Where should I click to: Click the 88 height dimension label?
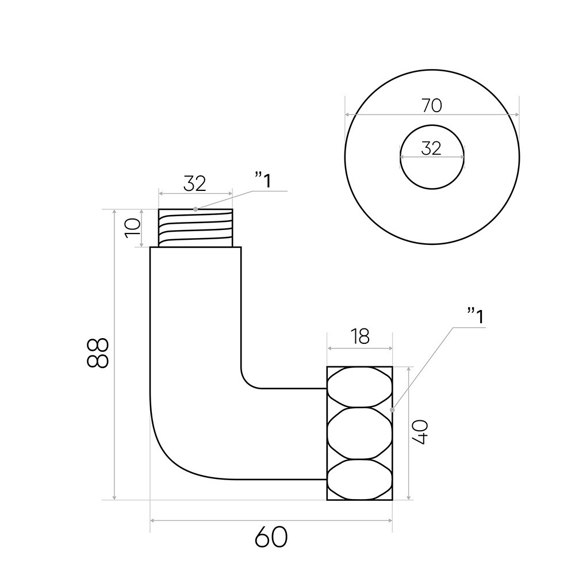(99, 352)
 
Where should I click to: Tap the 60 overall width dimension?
(271, 538)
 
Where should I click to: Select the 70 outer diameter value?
(431, 106)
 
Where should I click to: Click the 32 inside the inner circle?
(431, 148)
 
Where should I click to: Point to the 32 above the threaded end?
(195, 184)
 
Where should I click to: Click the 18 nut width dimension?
(360, 336)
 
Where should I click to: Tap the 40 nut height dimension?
(421, 431)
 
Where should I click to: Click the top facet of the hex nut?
(360, 386)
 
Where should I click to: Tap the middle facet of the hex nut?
(360, 432)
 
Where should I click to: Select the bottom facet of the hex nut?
(360, 480)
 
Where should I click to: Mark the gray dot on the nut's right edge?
(392, 409)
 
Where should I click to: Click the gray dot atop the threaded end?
(195, 209)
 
